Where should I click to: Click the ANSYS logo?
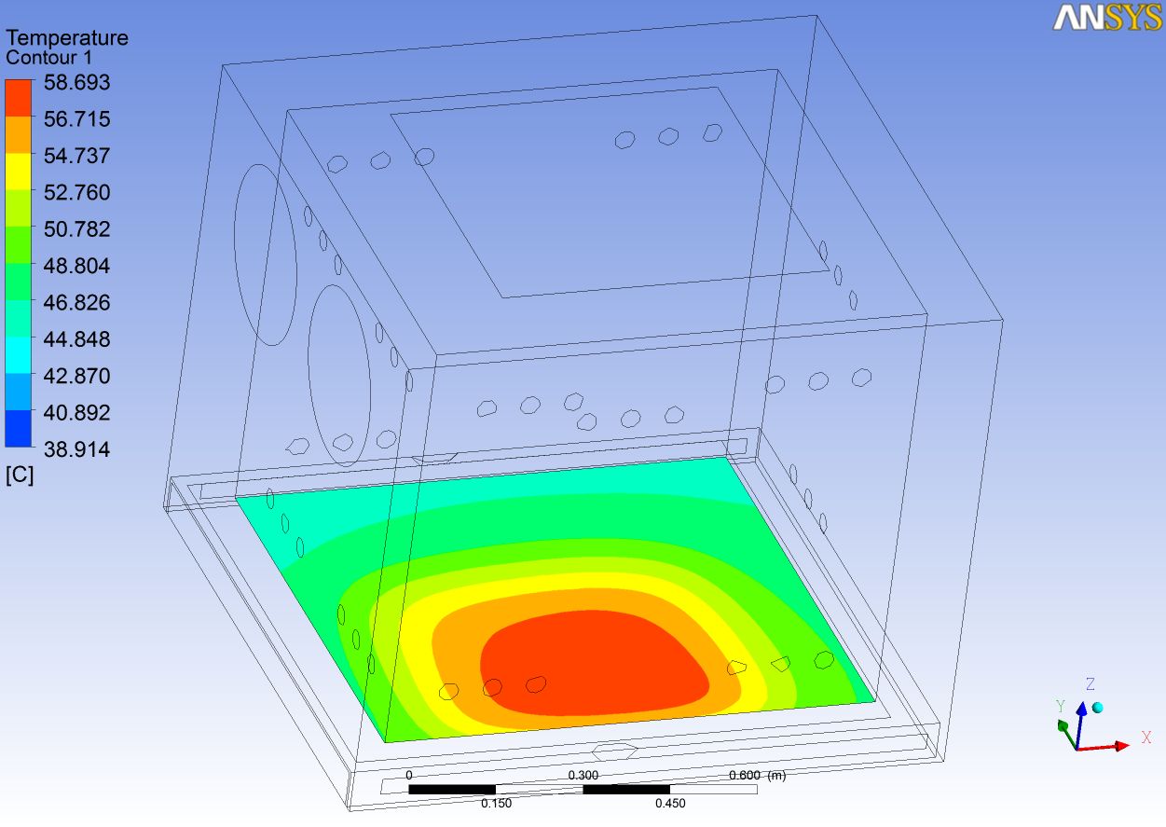[1106, 18]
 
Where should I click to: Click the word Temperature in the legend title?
[67, 38]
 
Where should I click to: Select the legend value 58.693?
[76, 82]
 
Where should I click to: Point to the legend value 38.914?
[76, 449]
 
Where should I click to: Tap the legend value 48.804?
[76, 266]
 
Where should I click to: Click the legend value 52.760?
[76, 192]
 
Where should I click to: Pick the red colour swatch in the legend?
[19, 98]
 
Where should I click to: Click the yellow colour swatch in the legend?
[19, 172]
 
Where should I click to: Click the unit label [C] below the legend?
[19, 476]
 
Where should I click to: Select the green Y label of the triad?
[1060, 706]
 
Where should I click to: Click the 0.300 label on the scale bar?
[583, 776]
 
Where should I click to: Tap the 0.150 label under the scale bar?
[496, 804]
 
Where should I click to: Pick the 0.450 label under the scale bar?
[670, 804]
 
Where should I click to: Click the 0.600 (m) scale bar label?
[758, 776]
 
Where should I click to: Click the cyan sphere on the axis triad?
[1098, 709]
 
